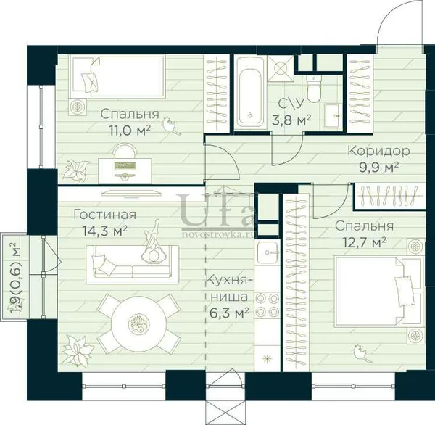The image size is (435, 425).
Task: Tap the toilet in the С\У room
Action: click(314, 88)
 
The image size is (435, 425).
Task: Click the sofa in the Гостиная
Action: click(133, 265)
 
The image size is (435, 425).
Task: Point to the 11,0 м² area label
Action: click(130, 131)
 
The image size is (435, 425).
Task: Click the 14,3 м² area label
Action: click(105, 231)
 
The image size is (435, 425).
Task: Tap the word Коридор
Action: click(378, 152)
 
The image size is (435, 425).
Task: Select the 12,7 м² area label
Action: click(365, 243)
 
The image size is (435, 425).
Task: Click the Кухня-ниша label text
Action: click(229, 288)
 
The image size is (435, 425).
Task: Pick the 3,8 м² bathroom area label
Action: click(291, 120)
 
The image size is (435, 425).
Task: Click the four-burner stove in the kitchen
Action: click(267, 305)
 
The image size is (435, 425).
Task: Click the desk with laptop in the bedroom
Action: click(125, 170)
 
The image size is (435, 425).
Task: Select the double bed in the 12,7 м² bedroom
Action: click(379, 292)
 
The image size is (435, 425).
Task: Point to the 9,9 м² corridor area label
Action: click(379, 168)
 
